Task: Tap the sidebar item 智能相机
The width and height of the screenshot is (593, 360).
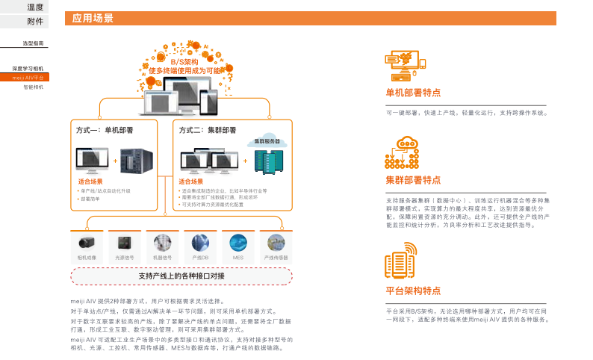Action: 33,87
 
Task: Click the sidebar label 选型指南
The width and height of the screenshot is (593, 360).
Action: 33,44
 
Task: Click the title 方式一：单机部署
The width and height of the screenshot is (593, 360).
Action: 105,130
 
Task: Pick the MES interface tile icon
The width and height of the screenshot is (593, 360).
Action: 238,242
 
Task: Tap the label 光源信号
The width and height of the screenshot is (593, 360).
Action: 124,258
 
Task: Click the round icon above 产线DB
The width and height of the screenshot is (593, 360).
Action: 200,242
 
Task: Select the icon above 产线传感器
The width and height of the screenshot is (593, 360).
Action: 276,242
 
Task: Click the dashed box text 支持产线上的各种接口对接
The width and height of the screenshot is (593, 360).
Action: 181,276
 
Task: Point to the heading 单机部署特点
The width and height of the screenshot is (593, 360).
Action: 413,93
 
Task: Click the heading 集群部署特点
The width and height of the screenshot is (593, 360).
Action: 413,180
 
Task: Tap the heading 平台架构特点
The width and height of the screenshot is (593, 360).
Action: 413,291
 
